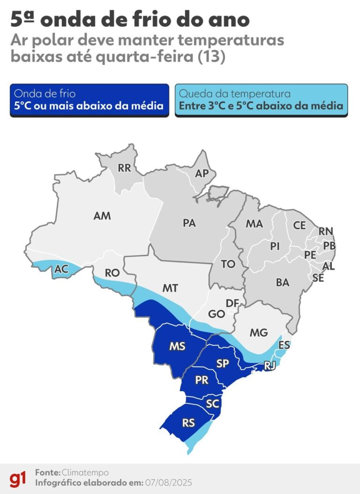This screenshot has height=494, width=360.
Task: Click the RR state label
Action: click(124, 169)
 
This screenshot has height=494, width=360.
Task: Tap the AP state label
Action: click(202, 173)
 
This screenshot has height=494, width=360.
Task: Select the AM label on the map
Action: click(102, 216)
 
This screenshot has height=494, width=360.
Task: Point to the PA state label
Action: click(189, 224)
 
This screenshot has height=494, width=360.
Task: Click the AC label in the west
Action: click(61, 269)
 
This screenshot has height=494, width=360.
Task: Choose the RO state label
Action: click(112, 273)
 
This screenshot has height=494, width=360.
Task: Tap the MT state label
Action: click(170, 288)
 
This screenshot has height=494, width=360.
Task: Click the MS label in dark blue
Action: click(177, 347)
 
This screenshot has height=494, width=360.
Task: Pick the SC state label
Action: click(212, 404)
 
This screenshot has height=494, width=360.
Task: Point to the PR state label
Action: click(202, 381)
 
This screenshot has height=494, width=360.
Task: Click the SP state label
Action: click(223, 363)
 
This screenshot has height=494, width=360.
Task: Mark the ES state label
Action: click(284, 345)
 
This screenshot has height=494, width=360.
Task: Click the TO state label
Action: click(228, 264)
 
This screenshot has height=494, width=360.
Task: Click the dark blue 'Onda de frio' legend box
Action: click(89, 100)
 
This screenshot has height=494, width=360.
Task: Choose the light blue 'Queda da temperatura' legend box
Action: click(261, 100)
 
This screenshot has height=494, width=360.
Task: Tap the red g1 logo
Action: click(18, 479)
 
